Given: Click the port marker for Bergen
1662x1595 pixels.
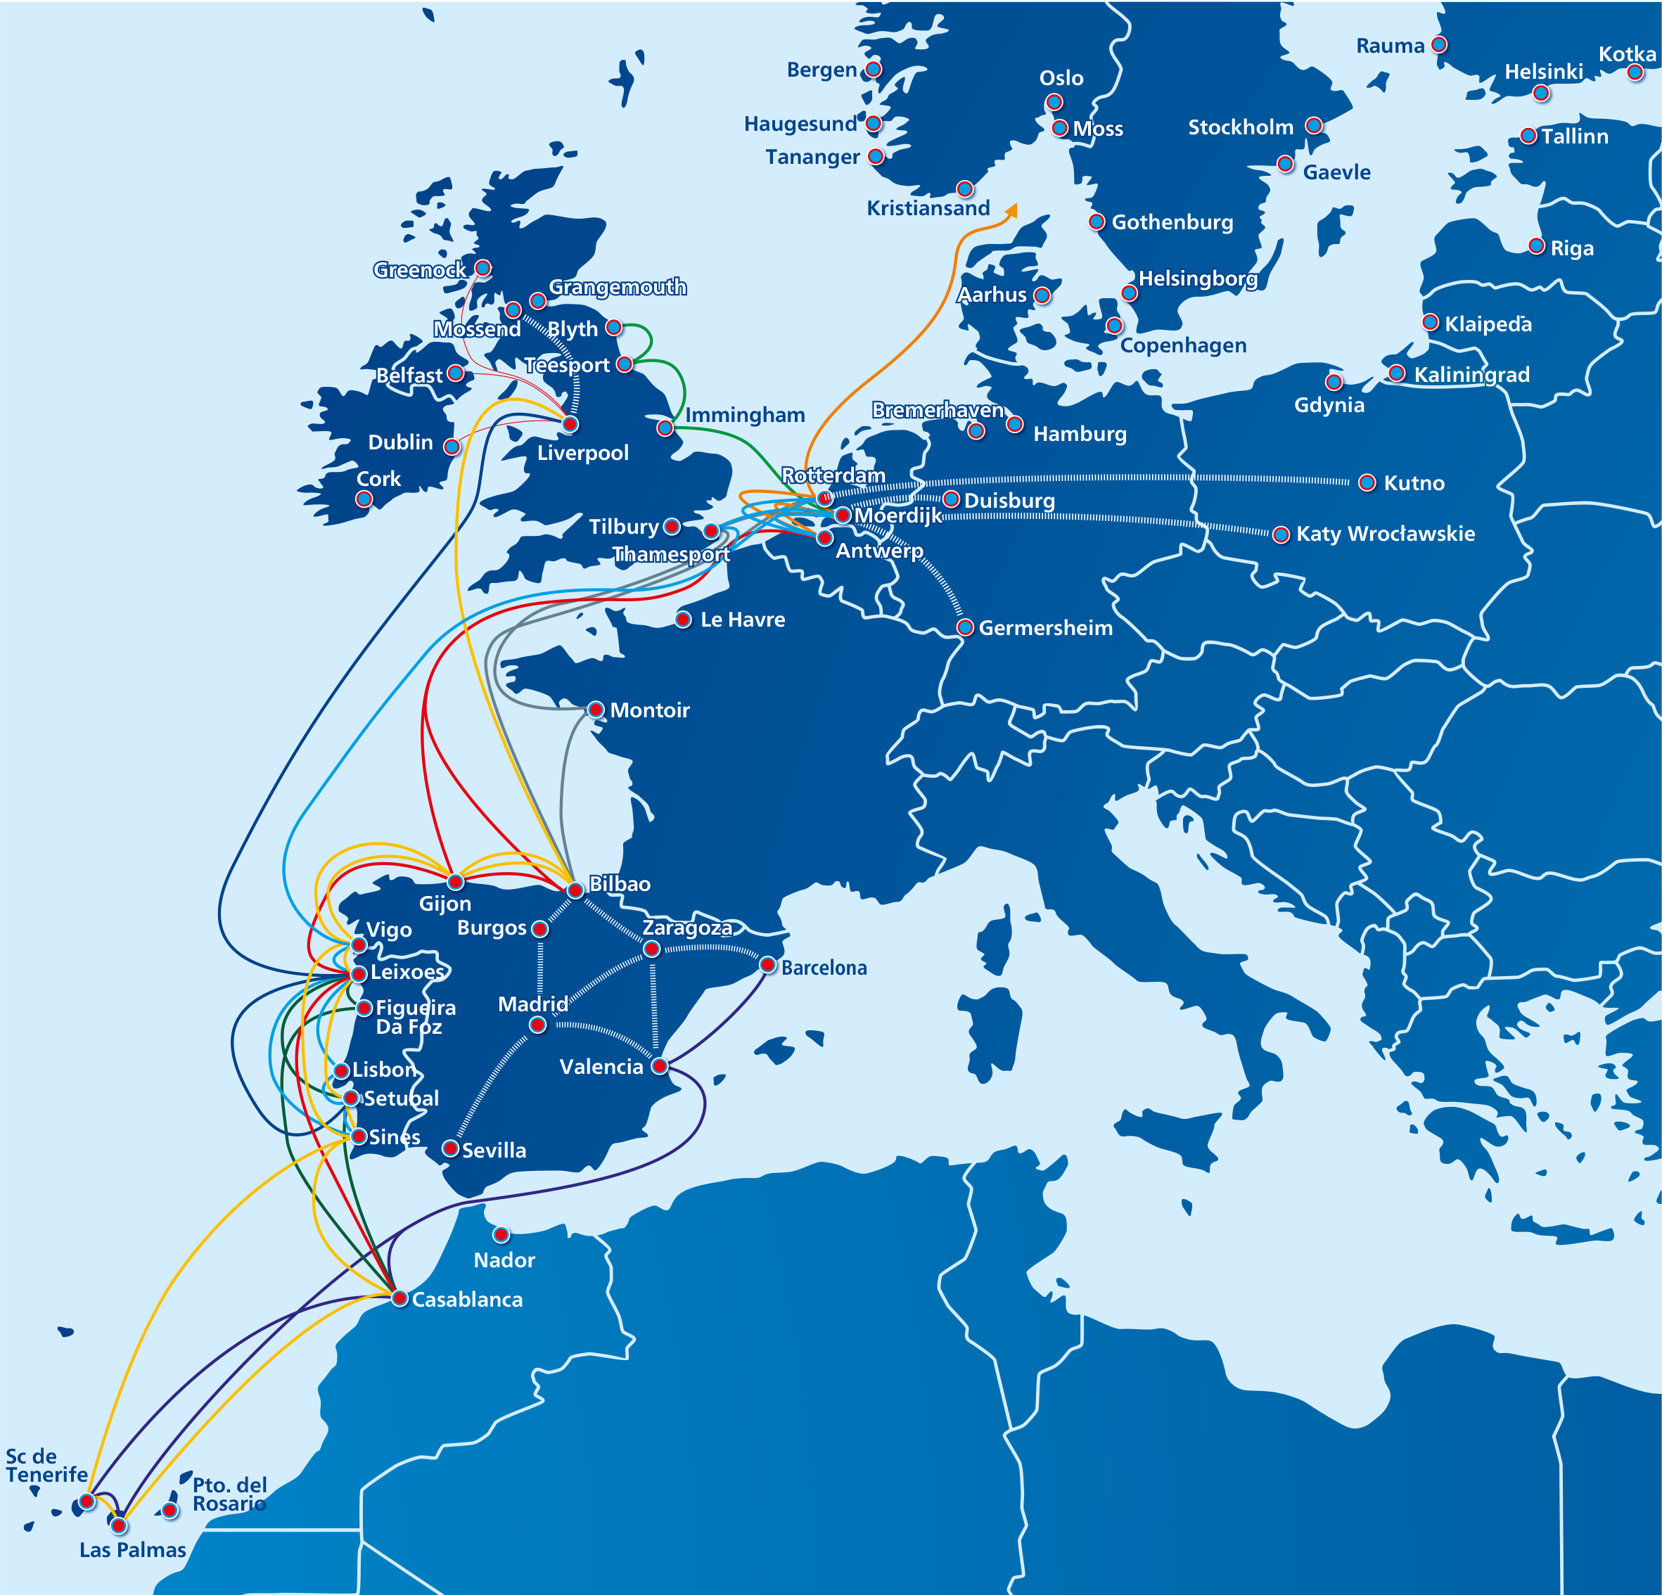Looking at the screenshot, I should coord(874,69).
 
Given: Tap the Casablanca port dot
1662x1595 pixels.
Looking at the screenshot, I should coord(400,1298).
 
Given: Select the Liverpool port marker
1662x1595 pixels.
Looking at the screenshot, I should coord(570,424).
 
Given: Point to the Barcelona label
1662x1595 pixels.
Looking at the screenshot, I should coord(824,968).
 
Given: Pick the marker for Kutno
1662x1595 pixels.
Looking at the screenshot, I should coord(1367,482).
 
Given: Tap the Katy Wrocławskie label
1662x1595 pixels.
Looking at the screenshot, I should coord(1386,533).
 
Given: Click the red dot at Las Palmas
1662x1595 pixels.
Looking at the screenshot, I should coord(120,1525).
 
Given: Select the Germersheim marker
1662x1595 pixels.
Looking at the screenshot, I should coord(965,627).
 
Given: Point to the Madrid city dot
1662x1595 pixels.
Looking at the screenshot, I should coord(537,1025).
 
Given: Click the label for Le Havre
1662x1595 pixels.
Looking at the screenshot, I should coord(743,620).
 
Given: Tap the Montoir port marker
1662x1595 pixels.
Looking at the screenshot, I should coord(596,710).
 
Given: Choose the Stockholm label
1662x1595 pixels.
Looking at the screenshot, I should coord(1241,127).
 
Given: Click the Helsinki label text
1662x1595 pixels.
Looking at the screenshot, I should coord(1543,72).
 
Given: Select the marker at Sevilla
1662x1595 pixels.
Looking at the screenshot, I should coord(451,1149).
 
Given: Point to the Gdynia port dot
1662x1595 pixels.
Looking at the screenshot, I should coord(1334,383).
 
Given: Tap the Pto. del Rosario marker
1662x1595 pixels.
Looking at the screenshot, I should coord(170,1510).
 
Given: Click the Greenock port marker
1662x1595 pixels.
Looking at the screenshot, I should coord(483,269).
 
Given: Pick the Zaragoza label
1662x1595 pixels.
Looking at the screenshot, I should coord(687,928).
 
